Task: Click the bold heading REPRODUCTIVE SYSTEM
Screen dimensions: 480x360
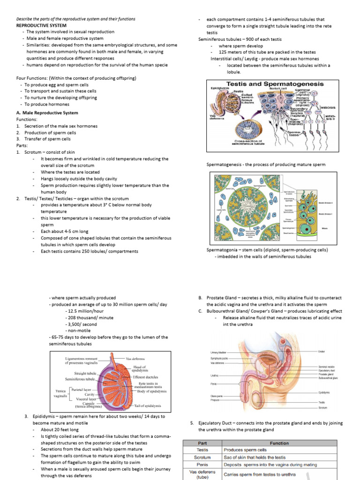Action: pos(41,25)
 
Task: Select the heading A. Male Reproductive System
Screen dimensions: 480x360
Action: pos(47,113)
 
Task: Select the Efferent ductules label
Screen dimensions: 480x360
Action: pos(145,377)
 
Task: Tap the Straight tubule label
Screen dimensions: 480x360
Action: pos(85,373)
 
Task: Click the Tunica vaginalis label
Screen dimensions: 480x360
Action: pos(61,392)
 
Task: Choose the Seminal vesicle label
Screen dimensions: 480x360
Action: pos(328,367)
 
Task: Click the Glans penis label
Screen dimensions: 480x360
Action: pos(217,397)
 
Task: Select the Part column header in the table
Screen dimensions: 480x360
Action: pos(202,443)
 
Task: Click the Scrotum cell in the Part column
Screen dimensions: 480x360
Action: pos(202,457)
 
